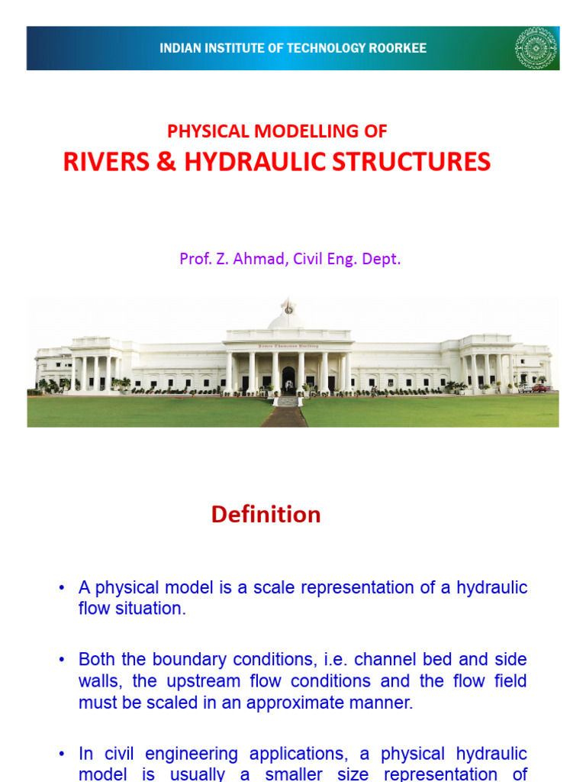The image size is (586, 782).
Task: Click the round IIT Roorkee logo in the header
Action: pos(536,48)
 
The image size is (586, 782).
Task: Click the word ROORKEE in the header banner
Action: pos(397,49)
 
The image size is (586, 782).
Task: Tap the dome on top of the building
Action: pos(288,314)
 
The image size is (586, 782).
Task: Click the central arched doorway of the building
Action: pos(288,380)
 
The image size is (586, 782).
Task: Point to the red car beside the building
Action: pos(540,388)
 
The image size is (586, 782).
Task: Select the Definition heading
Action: pos(266,515)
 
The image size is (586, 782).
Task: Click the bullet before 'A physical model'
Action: pos(61,589)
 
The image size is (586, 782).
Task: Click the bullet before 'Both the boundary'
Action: pos(61,660)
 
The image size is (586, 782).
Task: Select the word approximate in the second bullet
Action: pos(295,703)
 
